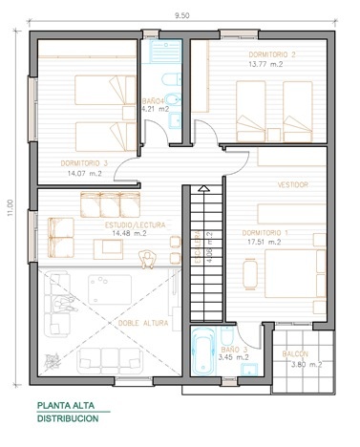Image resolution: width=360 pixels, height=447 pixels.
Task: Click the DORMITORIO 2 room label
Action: pyautogui.click(x=271, y=53)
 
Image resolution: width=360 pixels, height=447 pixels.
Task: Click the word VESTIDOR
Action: pyautogui.click(x=292, y=183)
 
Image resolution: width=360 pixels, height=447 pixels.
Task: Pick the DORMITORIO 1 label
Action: pyautogui.click(x=265, y=232)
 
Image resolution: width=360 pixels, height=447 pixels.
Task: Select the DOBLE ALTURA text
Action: pyautogui.click(x=139, y=322)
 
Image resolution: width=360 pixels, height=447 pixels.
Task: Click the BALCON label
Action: pyautogui.click(x=296, y=352)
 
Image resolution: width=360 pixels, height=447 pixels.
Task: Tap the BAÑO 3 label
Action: pyautogui.click(x=235, y=350)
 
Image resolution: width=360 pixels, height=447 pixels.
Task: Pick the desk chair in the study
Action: pyautogui.click(x=146, y=258)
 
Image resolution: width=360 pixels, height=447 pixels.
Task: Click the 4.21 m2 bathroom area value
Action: pyautogui.click(x=155, y=109)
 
